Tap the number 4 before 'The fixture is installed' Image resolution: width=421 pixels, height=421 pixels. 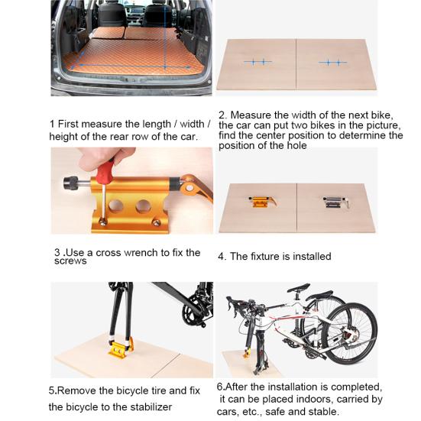(x=222, y=257)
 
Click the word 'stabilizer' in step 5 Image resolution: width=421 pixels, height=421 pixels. (x=147, y=406)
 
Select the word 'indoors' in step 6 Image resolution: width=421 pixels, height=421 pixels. (x=323, y=399)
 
